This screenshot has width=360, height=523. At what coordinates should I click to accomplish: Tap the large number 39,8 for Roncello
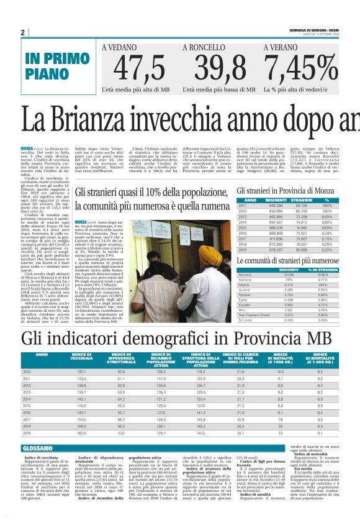click(212, 70)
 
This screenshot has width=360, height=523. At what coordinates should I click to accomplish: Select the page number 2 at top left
click(22, 32)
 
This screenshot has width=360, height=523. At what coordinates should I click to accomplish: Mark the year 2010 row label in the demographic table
click(27, 371)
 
